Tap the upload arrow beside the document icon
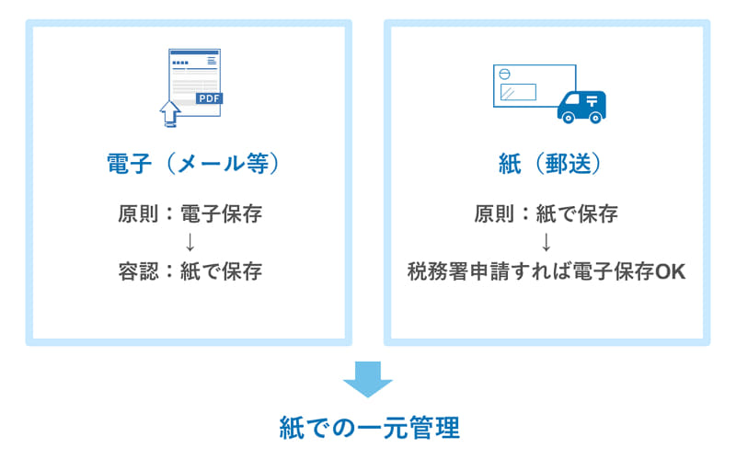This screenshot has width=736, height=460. click(170, 113)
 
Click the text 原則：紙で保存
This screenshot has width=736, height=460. click(546, 214)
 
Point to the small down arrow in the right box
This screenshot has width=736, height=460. click(546, 243)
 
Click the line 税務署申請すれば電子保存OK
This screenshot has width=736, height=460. click(546, 272)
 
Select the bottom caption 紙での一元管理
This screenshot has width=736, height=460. click(368, 428)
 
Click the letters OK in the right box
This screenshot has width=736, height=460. click(669, 272)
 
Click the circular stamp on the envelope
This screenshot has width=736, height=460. click(502, 75)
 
